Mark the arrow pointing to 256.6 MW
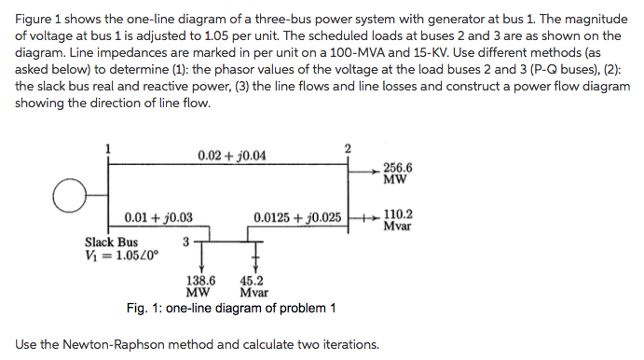click(x=366, y=170)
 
